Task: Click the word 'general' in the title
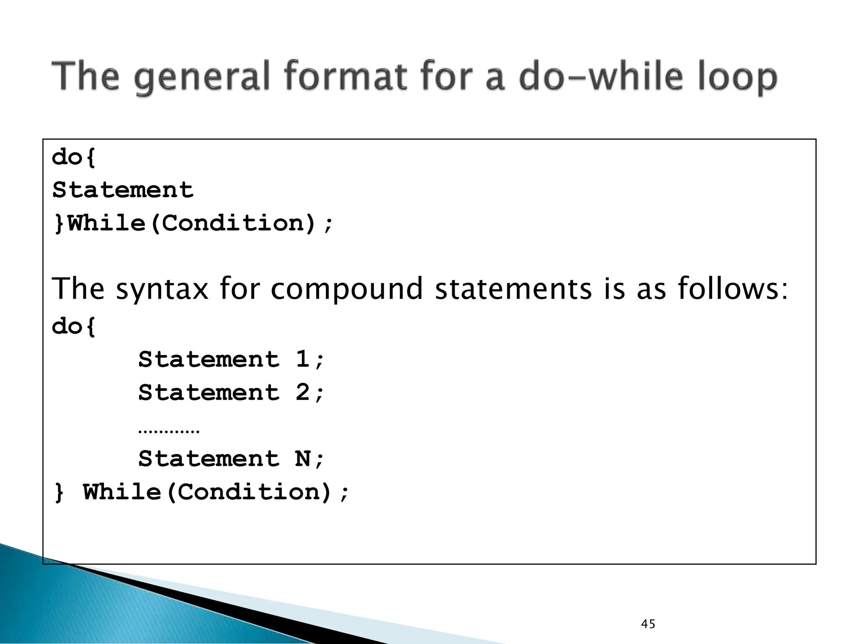point(201,78)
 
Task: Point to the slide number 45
point(648,624)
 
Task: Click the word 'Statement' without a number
point(122,190)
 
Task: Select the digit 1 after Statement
point(302,359)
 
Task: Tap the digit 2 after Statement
point(302,392)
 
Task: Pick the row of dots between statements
point(169,431)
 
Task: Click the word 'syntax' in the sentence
point(162,289)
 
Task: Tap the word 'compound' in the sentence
point(346,289)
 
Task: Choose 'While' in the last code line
point(122,492)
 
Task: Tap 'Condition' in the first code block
point(232,223)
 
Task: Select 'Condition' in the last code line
point(248,492)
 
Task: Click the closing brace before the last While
point(59,493)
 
